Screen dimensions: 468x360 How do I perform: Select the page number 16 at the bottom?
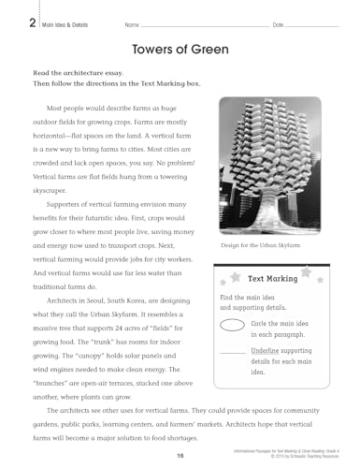pos(179,455)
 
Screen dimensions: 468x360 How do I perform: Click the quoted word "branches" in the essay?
pos(53,382)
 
